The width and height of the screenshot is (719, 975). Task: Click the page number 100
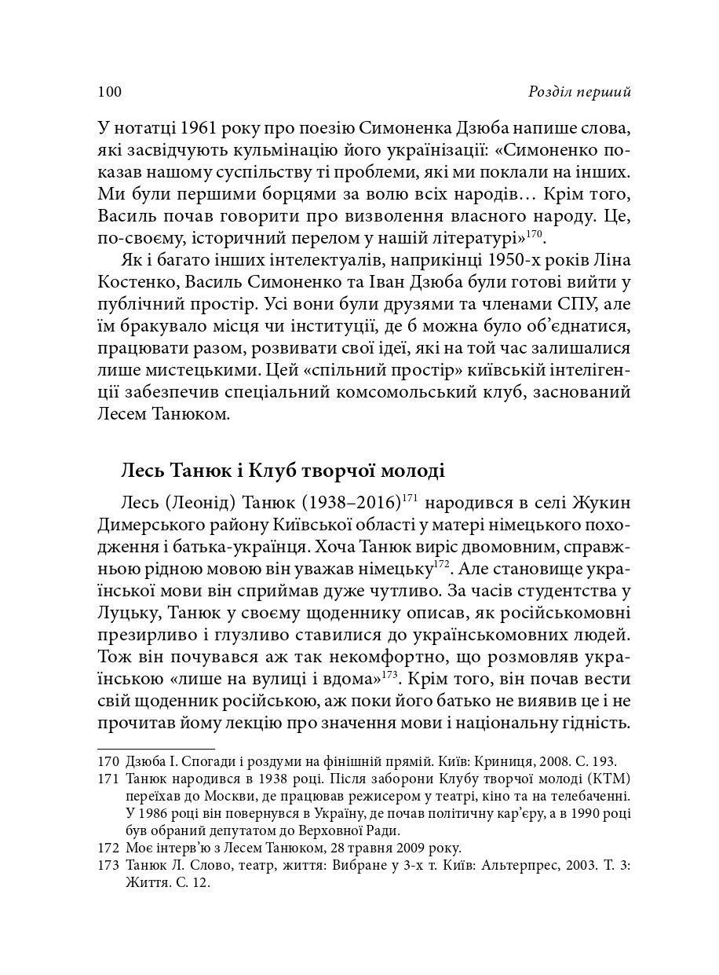109,92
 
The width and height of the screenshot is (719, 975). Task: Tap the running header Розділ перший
580,92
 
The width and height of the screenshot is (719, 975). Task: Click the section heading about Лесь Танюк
283,471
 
